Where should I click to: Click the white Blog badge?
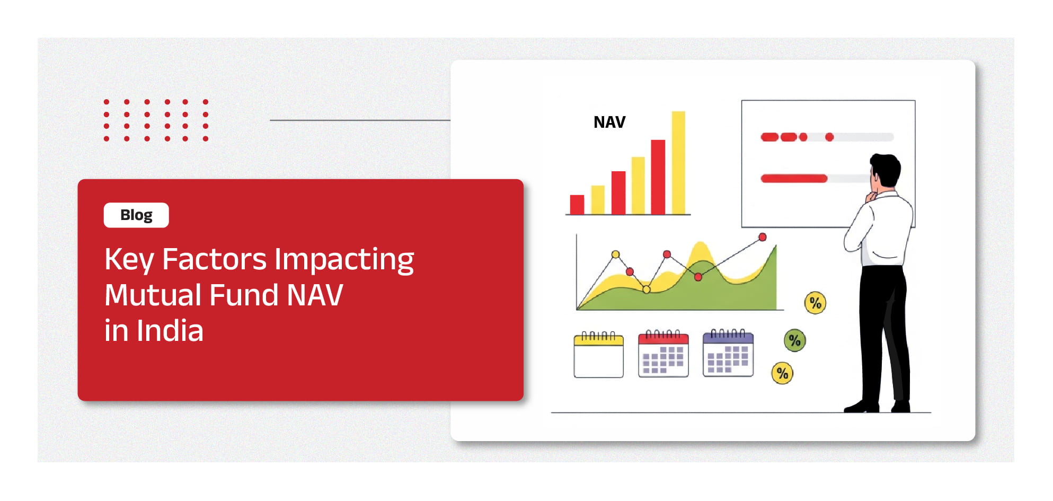tap(136, 215)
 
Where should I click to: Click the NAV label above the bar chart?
tap(609, 122)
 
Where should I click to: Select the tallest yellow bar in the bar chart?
tap(678, 163)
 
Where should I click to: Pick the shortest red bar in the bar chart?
tap(577, 205)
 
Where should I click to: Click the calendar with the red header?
tap(663, 354)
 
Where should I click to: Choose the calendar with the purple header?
tap(728, 353)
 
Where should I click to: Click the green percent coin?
tap(795, 340)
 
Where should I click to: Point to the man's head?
tap(884, 171)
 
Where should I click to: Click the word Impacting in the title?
tap(344, 260)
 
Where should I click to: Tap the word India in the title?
tap(170, 331)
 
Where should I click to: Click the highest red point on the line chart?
tap(763, 237)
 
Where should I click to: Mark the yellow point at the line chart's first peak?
tap(615, 254)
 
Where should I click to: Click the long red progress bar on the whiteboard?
tap(794, 179)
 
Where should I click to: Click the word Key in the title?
tap(129, 260)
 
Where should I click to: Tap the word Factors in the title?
tap(215, 259)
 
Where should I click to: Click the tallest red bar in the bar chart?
tap(658, 177)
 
